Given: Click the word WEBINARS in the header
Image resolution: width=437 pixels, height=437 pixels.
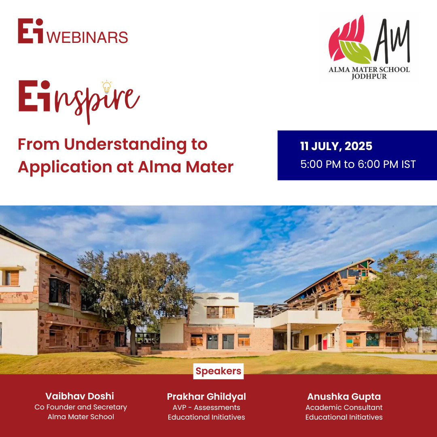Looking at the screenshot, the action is [x=87, y=38].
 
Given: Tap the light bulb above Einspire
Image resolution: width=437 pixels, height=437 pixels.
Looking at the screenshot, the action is [x=106, y=87].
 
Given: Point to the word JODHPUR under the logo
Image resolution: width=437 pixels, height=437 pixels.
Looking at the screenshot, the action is [x=369, y=76].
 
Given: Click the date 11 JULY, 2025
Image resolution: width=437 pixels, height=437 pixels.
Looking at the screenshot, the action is [x=336, y=146].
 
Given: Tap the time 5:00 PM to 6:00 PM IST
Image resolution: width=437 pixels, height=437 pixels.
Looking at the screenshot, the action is [x=358, y=164].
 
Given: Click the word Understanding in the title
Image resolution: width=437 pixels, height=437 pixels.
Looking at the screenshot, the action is [x=125, y=145].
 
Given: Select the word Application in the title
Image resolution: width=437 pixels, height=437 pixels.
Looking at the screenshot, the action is [x=65, y=168].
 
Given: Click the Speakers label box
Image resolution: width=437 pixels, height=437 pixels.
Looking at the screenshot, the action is [x=218, y=371].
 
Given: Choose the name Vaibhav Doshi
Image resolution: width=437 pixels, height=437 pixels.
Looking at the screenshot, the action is [x=80, y=396].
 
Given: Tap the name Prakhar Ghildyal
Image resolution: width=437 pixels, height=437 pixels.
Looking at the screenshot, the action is [x=206, y=397].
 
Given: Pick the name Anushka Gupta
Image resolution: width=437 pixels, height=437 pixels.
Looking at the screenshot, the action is [x=344, y=397].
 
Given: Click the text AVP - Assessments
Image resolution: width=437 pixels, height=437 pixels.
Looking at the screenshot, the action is [x=206, y=407].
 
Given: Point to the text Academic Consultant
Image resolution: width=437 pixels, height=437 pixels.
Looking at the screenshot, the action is [x=344, y=407].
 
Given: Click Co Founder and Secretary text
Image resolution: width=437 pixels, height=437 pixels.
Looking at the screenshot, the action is [x=81, y=407].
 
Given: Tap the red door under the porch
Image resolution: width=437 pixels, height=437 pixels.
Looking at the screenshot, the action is [x=325, y=342].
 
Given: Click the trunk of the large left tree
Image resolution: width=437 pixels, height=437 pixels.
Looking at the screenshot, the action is [x=133, y=339].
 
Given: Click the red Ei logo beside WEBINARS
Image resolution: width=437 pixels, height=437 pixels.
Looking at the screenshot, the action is [x=31, y=31].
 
